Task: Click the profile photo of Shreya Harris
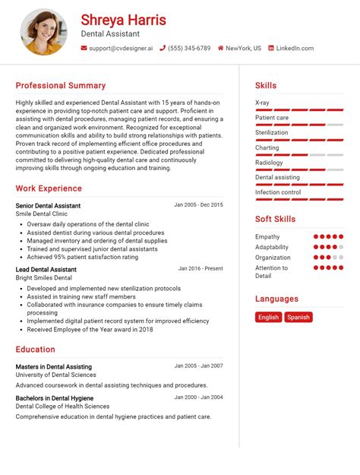(43, 32)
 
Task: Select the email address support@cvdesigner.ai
(120, 48)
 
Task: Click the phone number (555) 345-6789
(189, 48)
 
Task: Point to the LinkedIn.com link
(294, 48)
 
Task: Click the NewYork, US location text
(243, 48)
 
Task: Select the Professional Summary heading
(61, 86)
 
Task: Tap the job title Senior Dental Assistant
(48, 206)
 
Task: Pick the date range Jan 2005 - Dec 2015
(198, 205)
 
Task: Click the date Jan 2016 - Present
(201, 268)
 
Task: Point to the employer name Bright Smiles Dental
(44, 278)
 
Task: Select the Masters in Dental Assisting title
(54, 366)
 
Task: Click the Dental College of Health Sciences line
(62, 407)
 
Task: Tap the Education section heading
(35, 350)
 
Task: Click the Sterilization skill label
(272, 133)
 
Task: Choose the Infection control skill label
(277, 192)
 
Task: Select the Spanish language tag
(298, 317)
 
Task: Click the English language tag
(268, 317)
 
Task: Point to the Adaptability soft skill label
(272, 247)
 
